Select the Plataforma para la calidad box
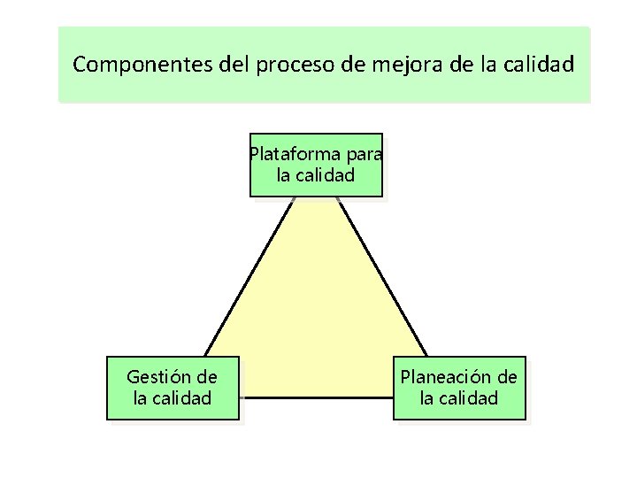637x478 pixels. (x=316, y=165)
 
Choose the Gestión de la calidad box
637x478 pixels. (x=173, y=387)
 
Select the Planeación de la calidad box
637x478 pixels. (x=459, y=387)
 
